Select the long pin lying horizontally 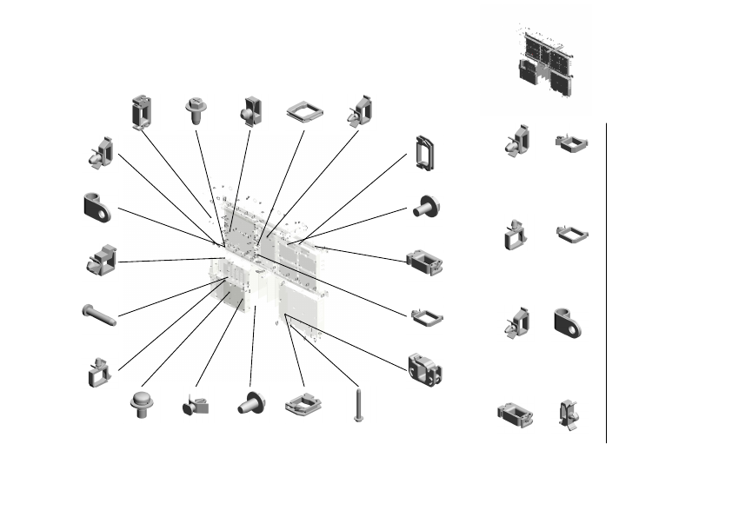(x=99, y=315)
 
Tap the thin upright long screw (x=357, y=405)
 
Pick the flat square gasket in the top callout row (x=303, y=111)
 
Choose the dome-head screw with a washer (x=141, y=404)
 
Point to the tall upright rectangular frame (x=425, y=152)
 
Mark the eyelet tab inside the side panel (x=567, y=321)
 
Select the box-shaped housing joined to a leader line (x=424, y=262)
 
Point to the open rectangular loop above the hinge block (x=426, y=317)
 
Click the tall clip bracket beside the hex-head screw (x=141, y=111)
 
